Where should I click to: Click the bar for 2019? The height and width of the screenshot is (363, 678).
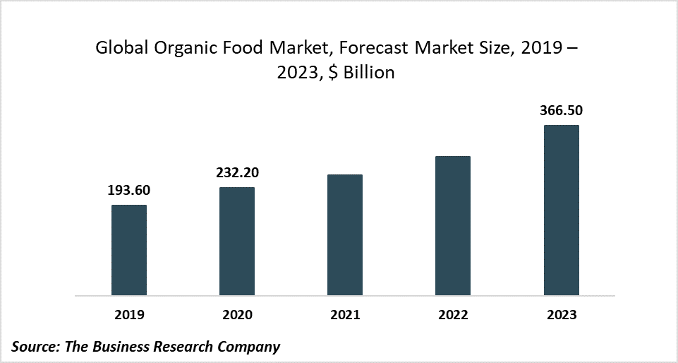(129, 250)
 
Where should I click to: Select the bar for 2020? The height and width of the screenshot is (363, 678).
(237, 241)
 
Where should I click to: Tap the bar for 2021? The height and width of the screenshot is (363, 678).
(345, 234)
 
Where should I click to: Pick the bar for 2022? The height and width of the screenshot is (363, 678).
(453, 225)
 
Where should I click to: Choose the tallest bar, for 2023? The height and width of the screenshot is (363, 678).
(561, 210)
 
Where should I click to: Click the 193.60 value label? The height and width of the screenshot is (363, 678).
(129, 191)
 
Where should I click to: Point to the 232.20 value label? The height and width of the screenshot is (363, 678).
(237, 173)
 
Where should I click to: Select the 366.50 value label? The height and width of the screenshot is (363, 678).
(561, 110)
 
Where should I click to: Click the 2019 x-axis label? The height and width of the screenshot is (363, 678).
(129, 314)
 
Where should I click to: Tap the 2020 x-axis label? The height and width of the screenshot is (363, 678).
(237, 314)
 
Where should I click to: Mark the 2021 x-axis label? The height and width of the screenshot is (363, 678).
(345, 314)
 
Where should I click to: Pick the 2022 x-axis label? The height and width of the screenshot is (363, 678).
(453, 314)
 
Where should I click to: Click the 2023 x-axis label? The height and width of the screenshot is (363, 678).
(561, 314)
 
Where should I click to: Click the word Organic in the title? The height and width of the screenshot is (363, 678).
(169, 49)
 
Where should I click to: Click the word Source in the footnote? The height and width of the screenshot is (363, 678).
(35, 347)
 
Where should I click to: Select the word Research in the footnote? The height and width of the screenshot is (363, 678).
(177, 347)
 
